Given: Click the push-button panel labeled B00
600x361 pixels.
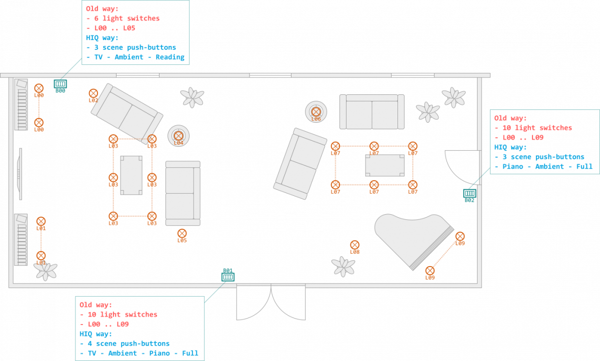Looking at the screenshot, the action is pos(60,84).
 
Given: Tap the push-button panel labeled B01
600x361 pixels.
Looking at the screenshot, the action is pos(228,277).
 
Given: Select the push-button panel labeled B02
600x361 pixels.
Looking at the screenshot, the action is pos(469,193).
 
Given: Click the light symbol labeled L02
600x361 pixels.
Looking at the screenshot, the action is pos(93,93).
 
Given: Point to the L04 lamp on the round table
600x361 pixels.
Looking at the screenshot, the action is pos(178,136).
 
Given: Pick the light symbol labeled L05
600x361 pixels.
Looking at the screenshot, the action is pos(182,233).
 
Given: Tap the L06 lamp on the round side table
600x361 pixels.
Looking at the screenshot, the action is pos(316,112).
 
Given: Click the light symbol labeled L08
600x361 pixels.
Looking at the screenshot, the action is pos(354,245).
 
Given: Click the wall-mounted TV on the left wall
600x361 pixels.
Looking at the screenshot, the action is pos(19,174).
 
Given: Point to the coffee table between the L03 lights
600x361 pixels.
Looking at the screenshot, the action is pos(131,175).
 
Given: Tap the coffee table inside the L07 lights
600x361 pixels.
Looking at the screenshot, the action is pos(385,165).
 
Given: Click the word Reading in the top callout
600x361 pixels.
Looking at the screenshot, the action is pos(170,57).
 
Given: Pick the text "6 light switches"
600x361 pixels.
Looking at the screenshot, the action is pos(127,18).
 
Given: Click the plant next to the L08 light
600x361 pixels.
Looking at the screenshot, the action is pos(343,267).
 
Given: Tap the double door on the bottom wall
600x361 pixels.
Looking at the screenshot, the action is pos(271,302).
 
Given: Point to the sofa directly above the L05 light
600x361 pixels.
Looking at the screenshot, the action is pos(183,193).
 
